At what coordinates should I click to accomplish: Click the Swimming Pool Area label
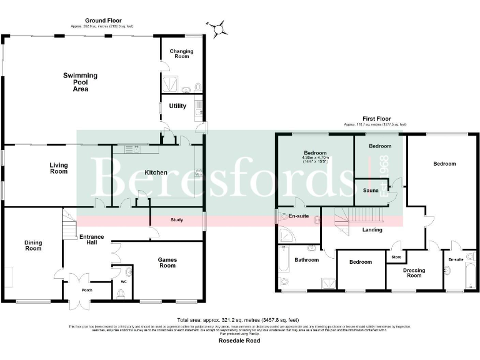[80, 82]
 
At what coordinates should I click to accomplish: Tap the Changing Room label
[181, 54]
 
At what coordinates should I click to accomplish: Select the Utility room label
[177, 106]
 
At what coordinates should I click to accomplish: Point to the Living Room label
[59, 168]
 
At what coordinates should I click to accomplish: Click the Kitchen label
[156, 172]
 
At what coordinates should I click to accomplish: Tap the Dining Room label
[33, 244]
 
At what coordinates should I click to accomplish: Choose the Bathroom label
[307, 259]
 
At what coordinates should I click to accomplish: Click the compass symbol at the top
[219, 27]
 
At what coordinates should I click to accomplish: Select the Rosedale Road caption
[239, 341]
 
